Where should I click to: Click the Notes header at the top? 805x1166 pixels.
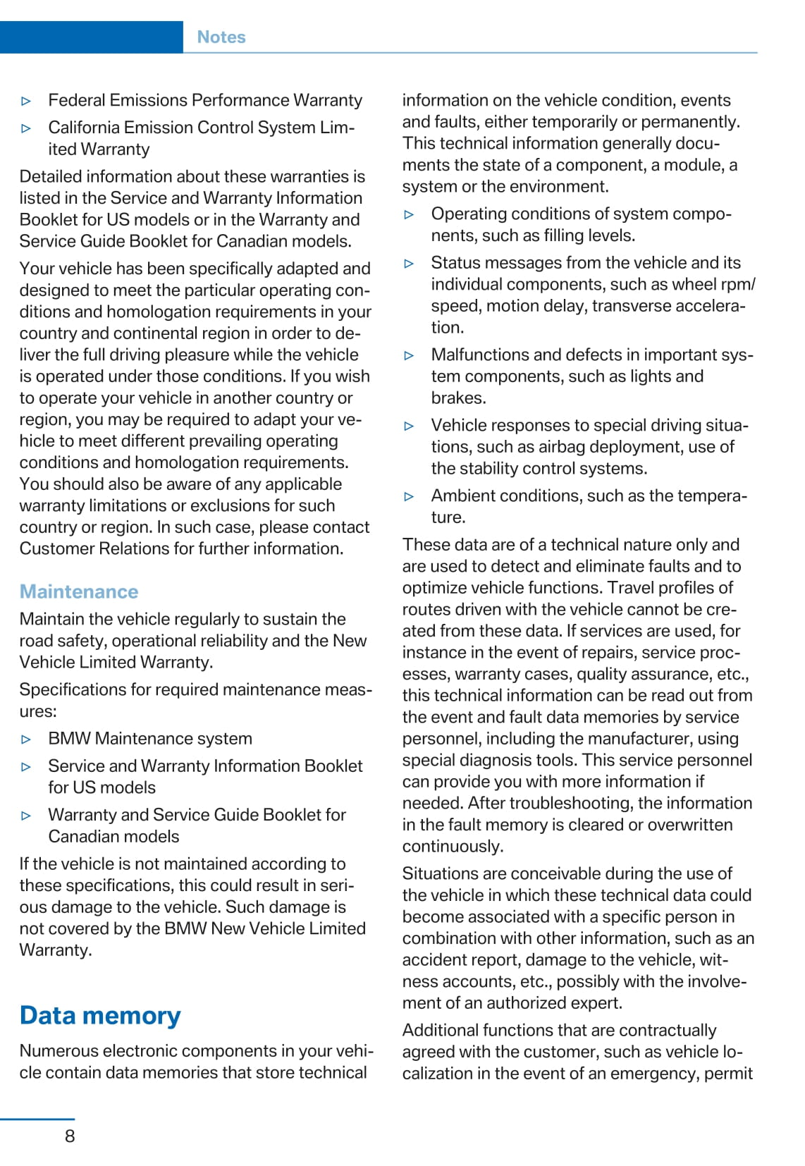coord(221,37)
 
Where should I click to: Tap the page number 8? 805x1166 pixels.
coord(70,1136)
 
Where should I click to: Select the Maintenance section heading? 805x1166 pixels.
coord(79,591)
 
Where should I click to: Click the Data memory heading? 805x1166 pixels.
coord(100,1015)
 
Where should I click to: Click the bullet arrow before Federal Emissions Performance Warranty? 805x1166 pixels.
coord(27,102)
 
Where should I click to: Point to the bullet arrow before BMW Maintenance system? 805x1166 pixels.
coord(27,740)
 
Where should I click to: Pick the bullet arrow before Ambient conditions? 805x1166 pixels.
coord(410,496)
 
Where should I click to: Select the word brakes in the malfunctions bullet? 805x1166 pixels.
coord(458,398)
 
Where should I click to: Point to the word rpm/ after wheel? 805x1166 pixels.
coord(739,284)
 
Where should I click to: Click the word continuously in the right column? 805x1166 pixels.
coord(453,846)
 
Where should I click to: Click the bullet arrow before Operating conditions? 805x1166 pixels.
coord(410,215)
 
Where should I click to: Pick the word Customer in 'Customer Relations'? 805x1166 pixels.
coord(52,548)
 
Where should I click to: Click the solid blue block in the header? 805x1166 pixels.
coord(92,37)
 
